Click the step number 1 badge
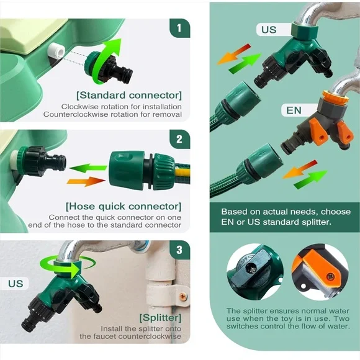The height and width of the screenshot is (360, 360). pyautogui.click(x=180, y=28)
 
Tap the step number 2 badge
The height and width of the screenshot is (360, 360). pyautogui.click(x=180, y=139)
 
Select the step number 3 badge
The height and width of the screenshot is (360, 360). pyautogui.click(x=180, y=250)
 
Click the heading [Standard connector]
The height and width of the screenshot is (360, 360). pyautogui.click(x=129, y=95)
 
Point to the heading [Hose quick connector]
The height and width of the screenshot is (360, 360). pyautogui.click(x=124, y=206)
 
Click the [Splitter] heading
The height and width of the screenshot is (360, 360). pyautogui.click(x=160, y=318)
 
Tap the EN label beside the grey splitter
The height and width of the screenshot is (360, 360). pyautogui.click(x=294, y=110)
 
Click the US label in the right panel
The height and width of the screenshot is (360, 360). pyautogui.click(x=269, y=30)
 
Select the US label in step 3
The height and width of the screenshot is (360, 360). pyautogui.click(x=16, y=284)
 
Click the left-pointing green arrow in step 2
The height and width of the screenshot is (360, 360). pyautogui.click(x=88, y=168)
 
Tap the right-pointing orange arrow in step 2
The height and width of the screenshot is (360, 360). pyautogui.click(x=86, y=181)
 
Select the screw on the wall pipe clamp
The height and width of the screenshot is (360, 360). pyautogui.click(x=183, y=297)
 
